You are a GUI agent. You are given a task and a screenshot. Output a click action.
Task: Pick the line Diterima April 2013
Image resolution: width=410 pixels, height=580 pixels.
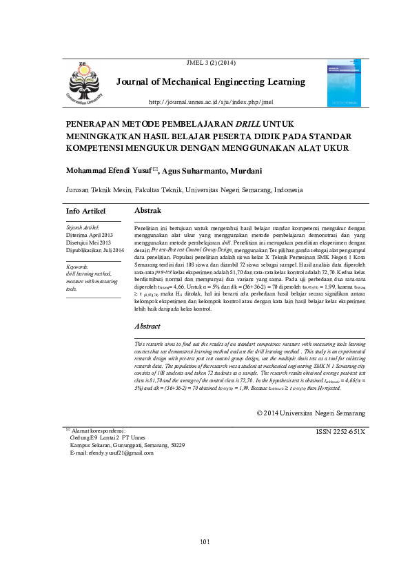[90, 234]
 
